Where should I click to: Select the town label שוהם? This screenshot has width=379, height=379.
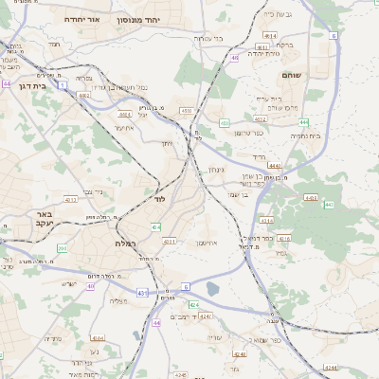coord(291,73)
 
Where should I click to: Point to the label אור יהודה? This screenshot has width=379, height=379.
coord(82,18)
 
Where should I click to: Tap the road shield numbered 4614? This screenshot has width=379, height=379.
coord(271,35)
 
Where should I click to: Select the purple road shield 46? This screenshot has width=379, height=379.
coord(234,59)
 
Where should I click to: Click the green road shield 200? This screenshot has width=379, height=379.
coord(62,248)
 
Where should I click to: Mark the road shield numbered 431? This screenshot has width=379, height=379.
coord(142,294)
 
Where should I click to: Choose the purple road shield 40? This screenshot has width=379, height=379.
coord(91,286)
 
